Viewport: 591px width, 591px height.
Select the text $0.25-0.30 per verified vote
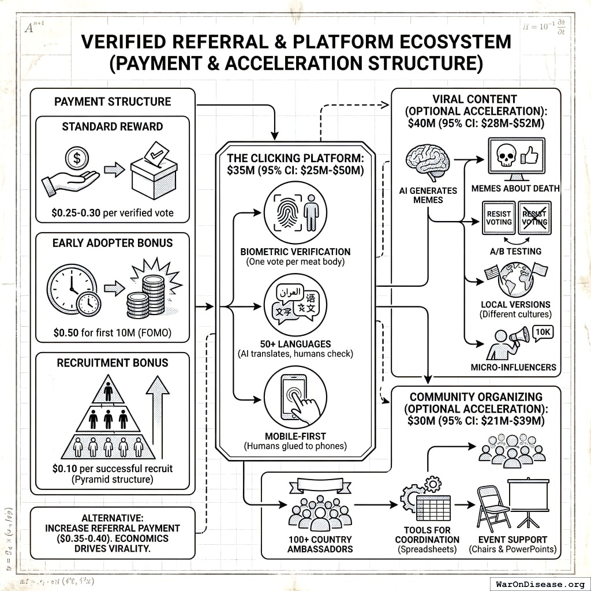pos(113,213)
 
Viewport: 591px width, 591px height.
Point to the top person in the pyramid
pos(107,391)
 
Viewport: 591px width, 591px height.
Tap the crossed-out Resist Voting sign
pos(534,218)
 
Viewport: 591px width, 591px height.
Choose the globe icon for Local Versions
pos(513,276)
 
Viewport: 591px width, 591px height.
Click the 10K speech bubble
pos(543,332)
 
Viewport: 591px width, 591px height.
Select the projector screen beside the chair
pos(532,503)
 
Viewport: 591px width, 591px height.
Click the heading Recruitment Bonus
pos(113,363)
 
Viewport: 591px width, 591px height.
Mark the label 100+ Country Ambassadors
pos(320,544)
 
